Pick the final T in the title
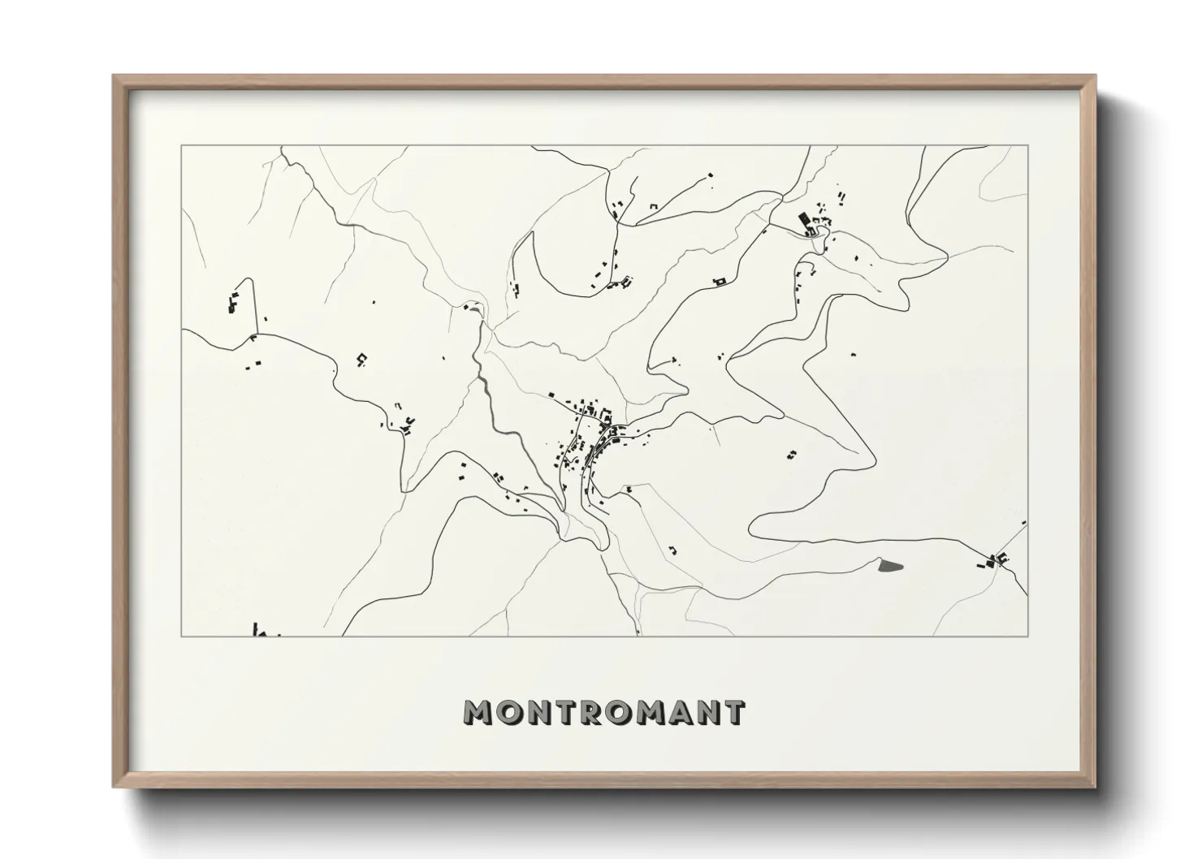[733, 712]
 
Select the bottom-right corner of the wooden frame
[1094, 786]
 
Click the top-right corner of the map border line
[1027, 145]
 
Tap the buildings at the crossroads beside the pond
[997, 559]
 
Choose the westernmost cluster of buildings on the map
[234, 301]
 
